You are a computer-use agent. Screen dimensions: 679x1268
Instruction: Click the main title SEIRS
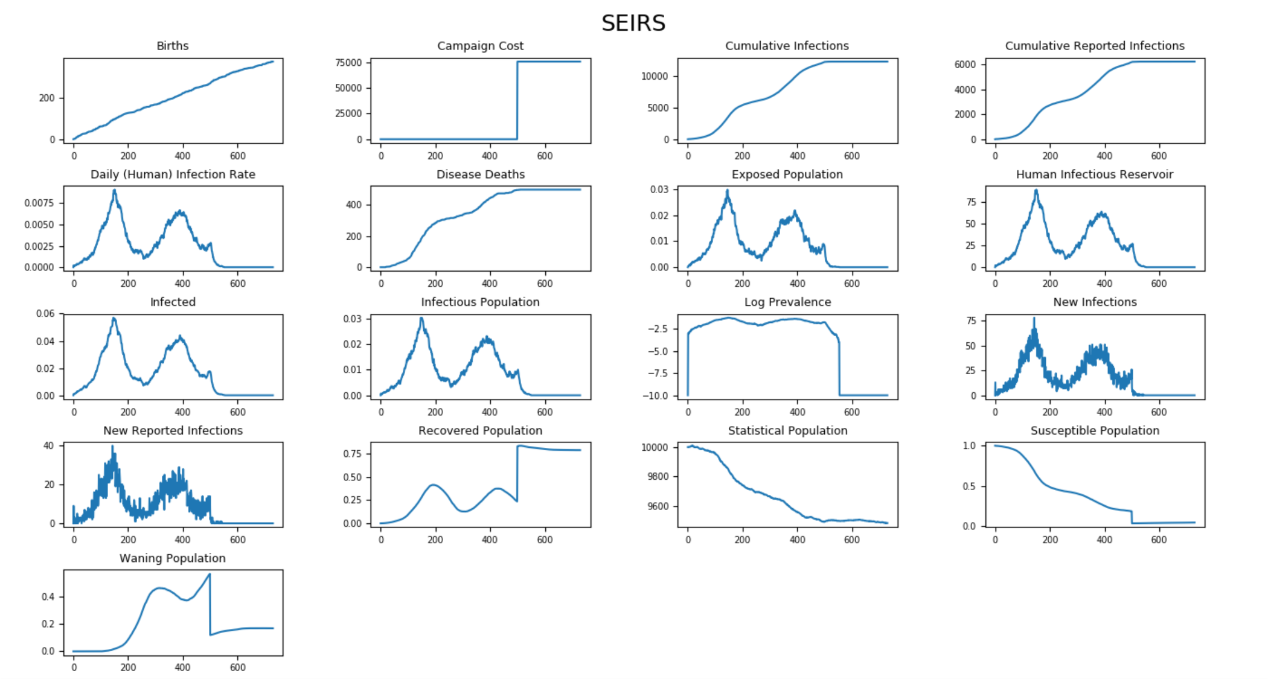[633, 24]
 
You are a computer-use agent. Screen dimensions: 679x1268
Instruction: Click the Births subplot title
[172, 46]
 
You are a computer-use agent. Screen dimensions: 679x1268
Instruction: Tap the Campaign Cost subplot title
[480, 46]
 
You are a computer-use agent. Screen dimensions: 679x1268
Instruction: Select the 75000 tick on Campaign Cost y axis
[349, 63]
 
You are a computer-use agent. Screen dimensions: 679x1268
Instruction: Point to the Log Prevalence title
[787, 302]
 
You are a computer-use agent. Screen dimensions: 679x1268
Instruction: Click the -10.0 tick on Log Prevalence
[658, 396]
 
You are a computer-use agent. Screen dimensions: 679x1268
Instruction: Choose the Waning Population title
[172, 558]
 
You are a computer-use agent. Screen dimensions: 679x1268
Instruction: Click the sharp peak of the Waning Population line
[210, 574]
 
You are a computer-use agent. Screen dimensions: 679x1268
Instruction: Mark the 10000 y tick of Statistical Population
[655, 448]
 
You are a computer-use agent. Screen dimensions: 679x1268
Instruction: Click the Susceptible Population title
[1095, 431]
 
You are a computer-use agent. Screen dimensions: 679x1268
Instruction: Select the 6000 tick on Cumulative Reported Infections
[965, 65]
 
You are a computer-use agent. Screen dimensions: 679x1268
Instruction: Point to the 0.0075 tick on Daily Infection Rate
[39, 203]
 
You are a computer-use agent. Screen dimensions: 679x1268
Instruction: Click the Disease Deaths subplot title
[480, 174]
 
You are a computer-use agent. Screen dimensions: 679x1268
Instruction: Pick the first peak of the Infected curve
[114, 318]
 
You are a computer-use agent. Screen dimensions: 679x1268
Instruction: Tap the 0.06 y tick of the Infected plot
[45, 314]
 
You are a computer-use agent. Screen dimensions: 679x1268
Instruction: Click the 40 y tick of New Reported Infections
[48, 446]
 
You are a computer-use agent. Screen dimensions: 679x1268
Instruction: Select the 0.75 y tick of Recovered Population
[352, 454]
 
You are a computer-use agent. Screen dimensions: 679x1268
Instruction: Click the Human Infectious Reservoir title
[1094, 174]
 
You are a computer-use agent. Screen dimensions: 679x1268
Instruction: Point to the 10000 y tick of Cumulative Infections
[655, 77]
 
